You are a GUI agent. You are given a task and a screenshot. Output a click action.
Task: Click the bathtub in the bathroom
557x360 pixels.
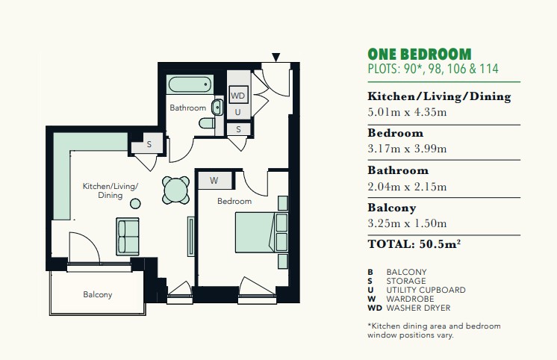(x=190, y=84)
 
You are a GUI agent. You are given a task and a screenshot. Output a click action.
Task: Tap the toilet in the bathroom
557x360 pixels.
(x=207, y=123)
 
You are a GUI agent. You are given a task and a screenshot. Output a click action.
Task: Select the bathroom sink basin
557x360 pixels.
(x=217, y=108)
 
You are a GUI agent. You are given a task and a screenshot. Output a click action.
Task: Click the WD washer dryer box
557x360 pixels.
(x=237, y=96)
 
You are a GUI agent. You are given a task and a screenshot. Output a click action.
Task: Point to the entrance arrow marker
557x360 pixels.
(x=276, y=57)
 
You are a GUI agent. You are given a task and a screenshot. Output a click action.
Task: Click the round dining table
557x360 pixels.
(x=176, y=190)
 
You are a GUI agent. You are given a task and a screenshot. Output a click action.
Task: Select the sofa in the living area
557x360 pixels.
(x=128, y=236)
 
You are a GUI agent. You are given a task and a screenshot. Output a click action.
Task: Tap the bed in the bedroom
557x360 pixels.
(x=261, y=233)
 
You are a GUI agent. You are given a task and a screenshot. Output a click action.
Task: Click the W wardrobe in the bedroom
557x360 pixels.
(x=215, y=181)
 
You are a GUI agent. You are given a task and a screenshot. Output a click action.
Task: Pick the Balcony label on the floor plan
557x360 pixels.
(x=98, y=294)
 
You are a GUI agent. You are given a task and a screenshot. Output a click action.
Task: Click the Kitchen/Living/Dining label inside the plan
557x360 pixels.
(x=110, y=190)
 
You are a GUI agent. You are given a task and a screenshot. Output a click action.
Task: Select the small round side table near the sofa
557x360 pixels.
(x=135, y=204)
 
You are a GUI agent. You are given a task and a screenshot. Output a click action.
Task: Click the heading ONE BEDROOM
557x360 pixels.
(x=420, y=55)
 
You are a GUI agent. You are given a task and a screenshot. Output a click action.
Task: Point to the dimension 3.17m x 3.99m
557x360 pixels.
(x=407, y=149)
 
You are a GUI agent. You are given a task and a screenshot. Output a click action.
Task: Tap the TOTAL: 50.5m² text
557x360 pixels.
(x=414, y=244)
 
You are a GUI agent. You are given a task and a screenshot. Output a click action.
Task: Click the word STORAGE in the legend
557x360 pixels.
(x=406, y=281)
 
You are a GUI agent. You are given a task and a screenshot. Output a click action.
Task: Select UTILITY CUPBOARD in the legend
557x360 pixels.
(x=426, y=290)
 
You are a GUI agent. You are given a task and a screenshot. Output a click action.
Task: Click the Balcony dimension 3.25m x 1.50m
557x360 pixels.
(x=407, y=223)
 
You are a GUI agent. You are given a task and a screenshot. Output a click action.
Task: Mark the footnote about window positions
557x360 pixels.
(x=434, y=331)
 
